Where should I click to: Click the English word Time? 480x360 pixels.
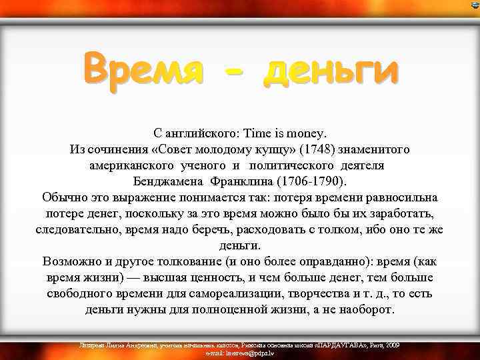pyautogui.click(x=257, y=134)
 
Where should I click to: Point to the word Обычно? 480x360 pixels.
pyautogui.click(x=63, y=198)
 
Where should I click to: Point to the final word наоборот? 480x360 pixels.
pyautogui.click(x=366, y=310)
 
